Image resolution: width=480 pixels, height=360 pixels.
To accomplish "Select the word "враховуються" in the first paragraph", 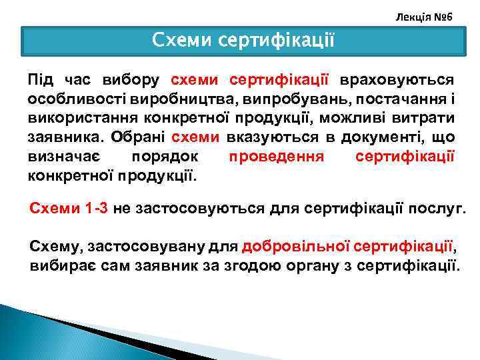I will (397, 81).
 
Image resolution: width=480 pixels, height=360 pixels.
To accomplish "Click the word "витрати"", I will (425, 119).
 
